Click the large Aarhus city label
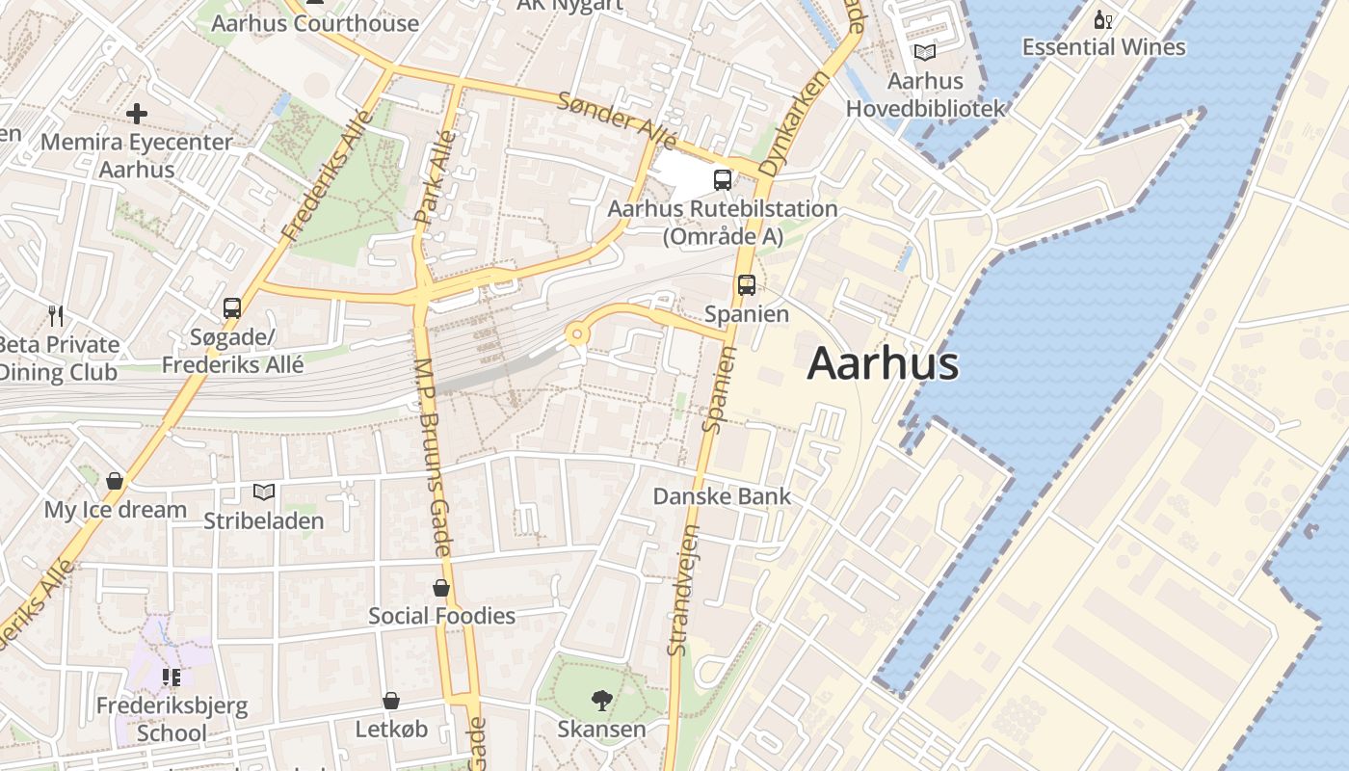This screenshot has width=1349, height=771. pos(883,364)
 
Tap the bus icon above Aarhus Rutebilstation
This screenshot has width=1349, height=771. pos(722,180)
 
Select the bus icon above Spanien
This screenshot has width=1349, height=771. pos(747,285)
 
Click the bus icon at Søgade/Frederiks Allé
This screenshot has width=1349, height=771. pos(232,308)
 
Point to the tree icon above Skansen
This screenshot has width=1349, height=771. pos(601,700)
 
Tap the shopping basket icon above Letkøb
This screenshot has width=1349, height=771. pos(391,701)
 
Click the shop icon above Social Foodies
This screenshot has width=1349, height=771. pos(441,588)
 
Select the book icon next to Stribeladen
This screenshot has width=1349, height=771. pos(264,492)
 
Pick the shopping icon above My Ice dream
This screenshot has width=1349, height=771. pos(115,481)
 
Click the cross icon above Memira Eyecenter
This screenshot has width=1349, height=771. pos(137,114)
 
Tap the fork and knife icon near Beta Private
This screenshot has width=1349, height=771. pos(56,315)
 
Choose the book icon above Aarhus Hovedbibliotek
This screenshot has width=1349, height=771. pos(925,53)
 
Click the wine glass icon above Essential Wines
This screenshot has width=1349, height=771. pos(1103,19)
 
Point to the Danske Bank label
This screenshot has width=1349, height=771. pos(722,496)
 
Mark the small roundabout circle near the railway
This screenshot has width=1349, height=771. pos(577,334)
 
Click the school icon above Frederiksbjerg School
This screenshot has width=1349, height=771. pos(172,678)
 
